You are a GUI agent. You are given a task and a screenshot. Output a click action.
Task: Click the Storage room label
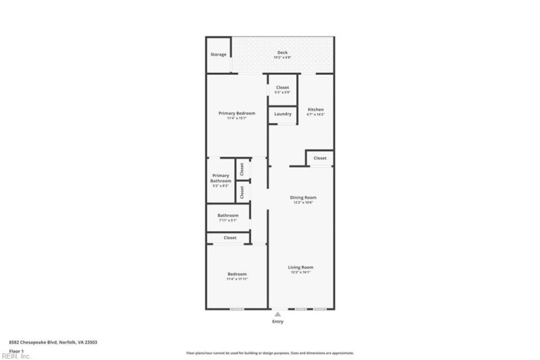218,54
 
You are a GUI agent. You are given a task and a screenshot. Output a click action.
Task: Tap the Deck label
282,53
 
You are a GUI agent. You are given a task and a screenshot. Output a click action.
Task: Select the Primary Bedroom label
236,113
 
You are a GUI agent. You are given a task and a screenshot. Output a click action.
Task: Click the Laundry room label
282,114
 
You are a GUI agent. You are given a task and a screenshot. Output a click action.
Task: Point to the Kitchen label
316,109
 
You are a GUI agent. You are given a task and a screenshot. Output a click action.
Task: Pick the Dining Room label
303,197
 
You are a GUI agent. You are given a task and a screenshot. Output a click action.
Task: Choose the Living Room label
302,267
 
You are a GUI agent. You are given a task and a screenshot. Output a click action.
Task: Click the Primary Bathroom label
221,178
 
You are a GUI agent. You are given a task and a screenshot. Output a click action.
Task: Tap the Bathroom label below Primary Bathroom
228,215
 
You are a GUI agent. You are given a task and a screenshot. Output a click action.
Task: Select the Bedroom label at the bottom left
236,274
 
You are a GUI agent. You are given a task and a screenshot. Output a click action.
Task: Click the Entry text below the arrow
277,322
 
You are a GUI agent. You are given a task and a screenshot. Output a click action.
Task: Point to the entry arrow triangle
277,314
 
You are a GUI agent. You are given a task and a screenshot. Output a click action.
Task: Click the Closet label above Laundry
282,88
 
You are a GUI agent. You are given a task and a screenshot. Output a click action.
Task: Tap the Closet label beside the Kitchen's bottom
319,158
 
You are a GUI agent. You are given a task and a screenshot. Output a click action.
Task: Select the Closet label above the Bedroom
230,238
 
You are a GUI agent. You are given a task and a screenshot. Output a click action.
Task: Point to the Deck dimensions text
282,57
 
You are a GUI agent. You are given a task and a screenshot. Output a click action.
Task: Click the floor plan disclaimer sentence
270,353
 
